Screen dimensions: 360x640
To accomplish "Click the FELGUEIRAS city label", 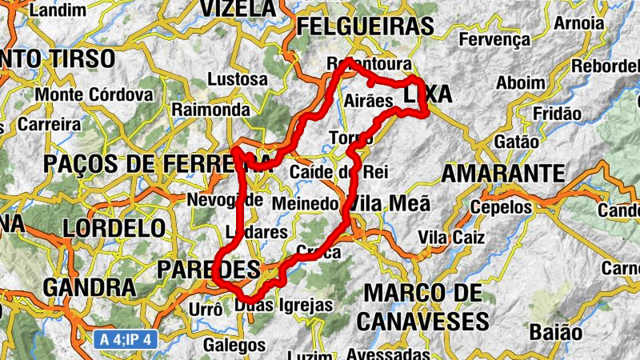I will tap(364, 26).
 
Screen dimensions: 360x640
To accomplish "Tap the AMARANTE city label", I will tap(503, 174).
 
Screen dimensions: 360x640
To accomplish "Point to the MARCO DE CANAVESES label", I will tap(422, 306).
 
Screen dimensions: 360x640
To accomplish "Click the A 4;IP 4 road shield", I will tap(126, 338).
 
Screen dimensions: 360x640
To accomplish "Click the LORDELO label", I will tap(114, 227).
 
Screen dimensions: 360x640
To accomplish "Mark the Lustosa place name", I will tap(238, 79).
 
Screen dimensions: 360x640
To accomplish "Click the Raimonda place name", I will tap(211, 109).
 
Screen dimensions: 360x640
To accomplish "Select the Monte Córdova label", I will tap(94, 94).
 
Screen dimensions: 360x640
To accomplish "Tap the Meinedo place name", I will tap(306, 204).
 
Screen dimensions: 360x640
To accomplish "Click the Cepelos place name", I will tap(501, 207).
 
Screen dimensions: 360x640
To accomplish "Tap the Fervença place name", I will tap(496, 39).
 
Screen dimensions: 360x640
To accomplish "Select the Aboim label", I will tap(521, 82).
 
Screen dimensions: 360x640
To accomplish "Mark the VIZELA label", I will tap(237, 8).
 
